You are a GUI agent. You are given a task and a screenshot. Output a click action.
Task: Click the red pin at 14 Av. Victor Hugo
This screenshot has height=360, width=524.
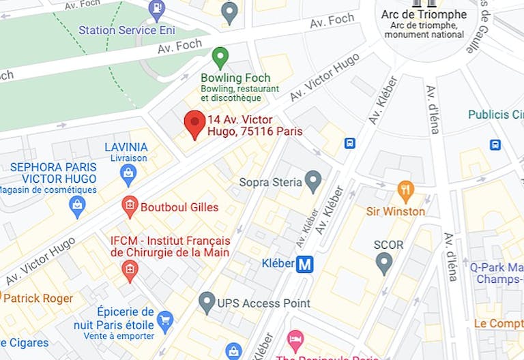[x=195, y=123]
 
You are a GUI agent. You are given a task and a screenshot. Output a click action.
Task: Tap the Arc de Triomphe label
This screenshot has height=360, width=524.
[x=424, y=14]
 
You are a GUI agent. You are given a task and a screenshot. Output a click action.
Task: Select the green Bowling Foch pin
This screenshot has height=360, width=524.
[x=220, y=57]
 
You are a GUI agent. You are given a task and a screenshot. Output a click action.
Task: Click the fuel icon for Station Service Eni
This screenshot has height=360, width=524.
[x=156, y=10]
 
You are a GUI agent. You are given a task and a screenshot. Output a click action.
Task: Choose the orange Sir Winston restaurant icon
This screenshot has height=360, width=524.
[x=406, y=190]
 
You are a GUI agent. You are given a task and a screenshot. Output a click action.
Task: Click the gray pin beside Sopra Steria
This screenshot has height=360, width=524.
[x=312, y=181]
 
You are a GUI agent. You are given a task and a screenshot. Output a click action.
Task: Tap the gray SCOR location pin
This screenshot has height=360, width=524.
[x=384, y=262]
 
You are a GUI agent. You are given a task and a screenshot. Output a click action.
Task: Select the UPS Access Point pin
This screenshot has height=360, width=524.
[x=207, y=301]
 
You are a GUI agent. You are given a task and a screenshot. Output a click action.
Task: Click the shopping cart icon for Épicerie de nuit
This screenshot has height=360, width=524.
[x=164, y=319]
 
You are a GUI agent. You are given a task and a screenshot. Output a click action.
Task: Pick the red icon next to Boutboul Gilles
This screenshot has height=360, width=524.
[x=129, y=205]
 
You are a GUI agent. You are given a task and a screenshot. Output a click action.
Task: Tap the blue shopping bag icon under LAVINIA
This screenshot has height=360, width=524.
[x=128, y=175]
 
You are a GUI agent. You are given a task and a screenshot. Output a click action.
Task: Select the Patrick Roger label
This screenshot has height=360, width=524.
[x=38, y=299]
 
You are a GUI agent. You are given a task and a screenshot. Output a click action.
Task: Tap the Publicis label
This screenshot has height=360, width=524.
[x=495, y=115]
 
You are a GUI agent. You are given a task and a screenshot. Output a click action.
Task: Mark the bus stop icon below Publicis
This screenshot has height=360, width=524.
[x=495, y=145]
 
